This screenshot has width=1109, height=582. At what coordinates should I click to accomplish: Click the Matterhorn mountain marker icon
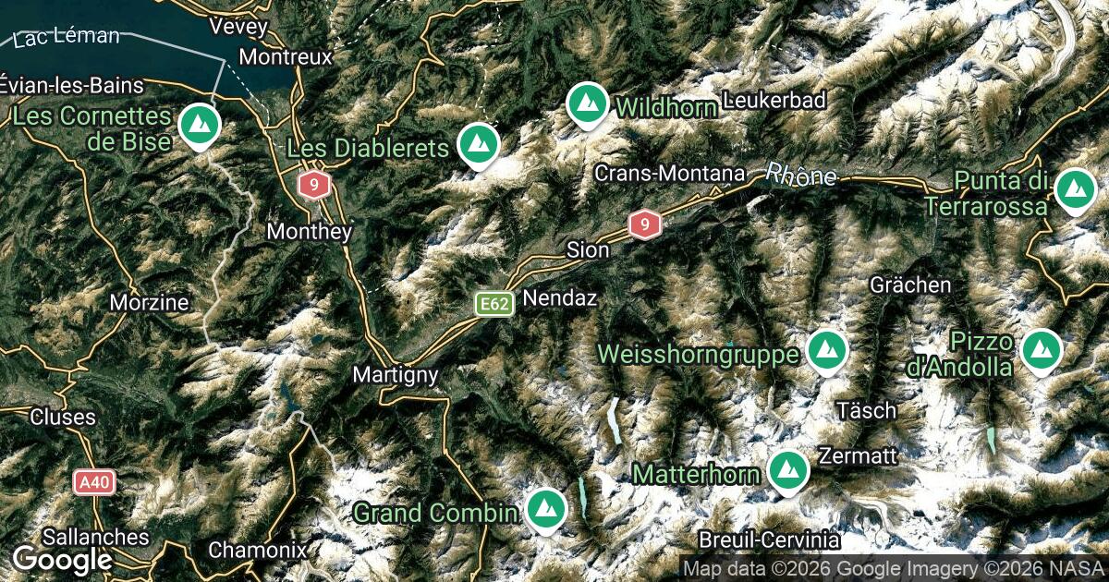coord(786,471)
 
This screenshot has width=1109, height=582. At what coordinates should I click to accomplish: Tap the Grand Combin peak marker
coord(545,508)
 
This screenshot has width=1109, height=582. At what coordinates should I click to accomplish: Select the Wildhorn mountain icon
coord(586,103)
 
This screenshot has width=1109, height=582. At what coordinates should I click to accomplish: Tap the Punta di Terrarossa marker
coord(1075,188)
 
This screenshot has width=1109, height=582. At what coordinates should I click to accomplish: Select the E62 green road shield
coord(494,303)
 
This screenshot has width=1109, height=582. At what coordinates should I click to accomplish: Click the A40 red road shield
coord(94,482)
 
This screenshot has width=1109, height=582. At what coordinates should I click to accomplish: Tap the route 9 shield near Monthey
coord(314,186)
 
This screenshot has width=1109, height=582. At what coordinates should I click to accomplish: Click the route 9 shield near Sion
coord(644,224)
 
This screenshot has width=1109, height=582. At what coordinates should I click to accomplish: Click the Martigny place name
coord(395,376)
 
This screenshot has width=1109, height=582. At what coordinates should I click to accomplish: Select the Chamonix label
coord(257,550)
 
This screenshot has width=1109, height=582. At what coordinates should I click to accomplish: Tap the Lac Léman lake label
coord(67,38)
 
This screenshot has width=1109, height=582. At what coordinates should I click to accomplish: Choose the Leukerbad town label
coord(774,101)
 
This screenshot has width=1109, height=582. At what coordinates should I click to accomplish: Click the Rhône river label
coord(800,174)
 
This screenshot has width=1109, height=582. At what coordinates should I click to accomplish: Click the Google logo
coord(62,559)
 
